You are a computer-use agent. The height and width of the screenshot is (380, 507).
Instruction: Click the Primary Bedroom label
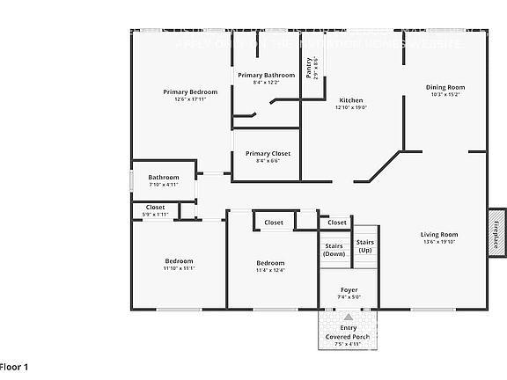click(190, 91)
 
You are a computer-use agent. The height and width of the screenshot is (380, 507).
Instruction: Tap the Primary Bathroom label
click(266, 76)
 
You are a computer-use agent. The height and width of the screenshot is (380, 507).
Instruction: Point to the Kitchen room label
click(351, 100)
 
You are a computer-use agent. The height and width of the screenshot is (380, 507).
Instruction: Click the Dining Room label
click(445, 87)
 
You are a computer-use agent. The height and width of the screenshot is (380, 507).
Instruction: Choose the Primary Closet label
click(268, 154)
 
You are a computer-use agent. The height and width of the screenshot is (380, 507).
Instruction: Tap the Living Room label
click(438, 234)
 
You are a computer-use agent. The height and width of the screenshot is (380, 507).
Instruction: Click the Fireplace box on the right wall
click(496, 231)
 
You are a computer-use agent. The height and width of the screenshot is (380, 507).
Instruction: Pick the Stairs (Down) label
click(334, 250)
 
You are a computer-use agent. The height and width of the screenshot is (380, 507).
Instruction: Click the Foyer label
click(349, 289)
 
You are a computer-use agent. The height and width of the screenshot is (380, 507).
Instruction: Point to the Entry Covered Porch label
click(349, 332)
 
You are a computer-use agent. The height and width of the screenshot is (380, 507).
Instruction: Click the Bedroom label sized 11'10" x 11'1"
click(178, 263)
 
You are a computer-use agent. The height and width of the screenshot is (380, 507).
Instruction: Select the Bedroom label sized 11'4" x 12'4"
click(270, 263)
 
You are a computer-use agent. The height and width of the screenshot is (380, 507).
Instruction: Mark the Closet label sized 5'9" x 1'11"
click(155, 208)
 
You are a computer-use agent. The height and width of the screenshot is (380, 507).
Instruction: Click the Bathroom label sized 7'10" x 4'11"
click(163, 177)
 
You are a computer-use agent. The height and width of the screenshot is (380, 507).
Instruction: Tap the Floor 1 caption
click(15, 366)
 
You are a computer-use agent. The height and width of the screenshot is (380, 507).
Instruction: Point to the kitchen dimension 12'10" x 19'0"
click(351, 108)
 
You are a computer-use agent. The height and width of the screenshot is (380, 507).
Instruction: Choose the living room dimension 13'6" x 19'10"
click(438, 243)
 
